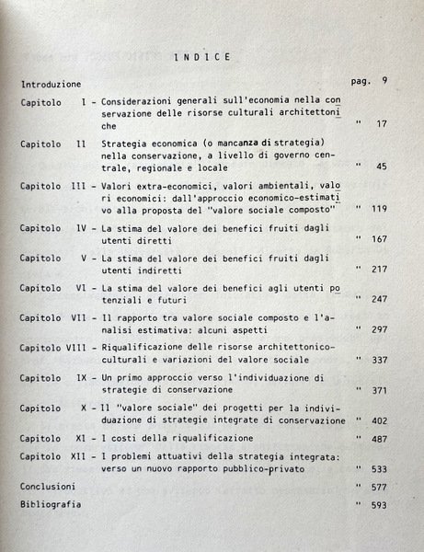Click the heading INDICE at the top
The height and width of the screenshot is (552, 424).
[201, 57]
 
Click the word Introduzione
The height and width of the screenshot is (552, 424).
[51, 84]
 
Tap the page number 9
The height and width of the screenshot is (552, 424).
[384, 80]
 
